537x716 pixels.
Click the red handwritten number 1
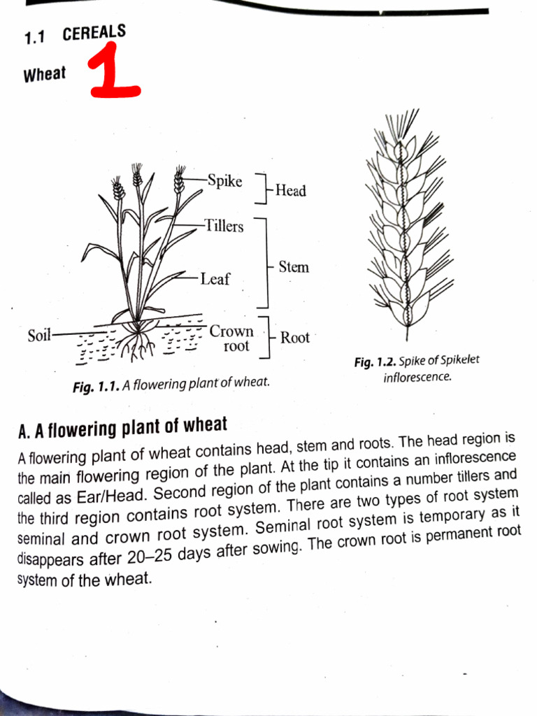click(113, 73)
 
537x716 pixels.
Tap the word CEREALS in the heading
click(94, 33)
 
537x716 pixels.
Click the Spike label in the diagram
click(224, 181)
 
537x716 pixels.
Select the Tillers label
click(224, 227)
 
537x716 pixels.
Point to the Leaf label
click(215, 279)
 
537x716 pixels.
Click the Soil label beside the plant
click(39, 336)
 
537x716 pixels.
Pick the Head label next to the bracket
click(290, 190)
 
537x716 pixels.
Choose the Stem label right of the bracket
click(294, 266)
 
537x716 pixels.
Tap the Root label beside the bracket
click(294, 338)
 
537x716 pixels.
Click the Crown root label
click(232, 338)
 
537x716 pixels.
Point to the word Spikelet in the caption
click(459, 360)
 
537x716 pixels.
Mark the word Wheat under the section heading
click(45, 75)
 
